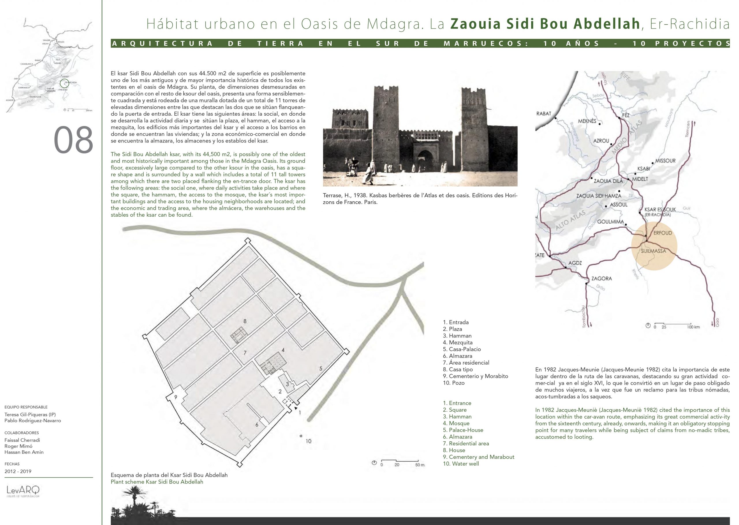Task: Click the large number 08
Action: [73, 140]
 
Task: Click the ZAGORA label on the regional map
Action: [601, 278]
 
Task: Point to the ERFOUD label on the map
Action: [662, 233]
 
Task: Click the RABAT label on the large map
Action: [543, 113]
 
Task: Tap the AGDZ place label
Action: [575, 263]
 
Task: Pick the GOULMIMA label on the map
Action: [610, 222]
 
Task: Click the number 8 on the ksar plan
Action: [245, 321]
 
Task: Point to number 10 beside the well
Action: [308, 441]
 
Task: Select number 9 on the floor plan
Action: [176, 397]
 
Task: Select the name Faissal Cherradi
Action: [22, 440]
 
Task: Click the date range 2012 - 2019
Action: [18, 471]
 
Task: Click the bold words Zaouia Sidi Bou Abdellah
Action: [545, 24]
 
